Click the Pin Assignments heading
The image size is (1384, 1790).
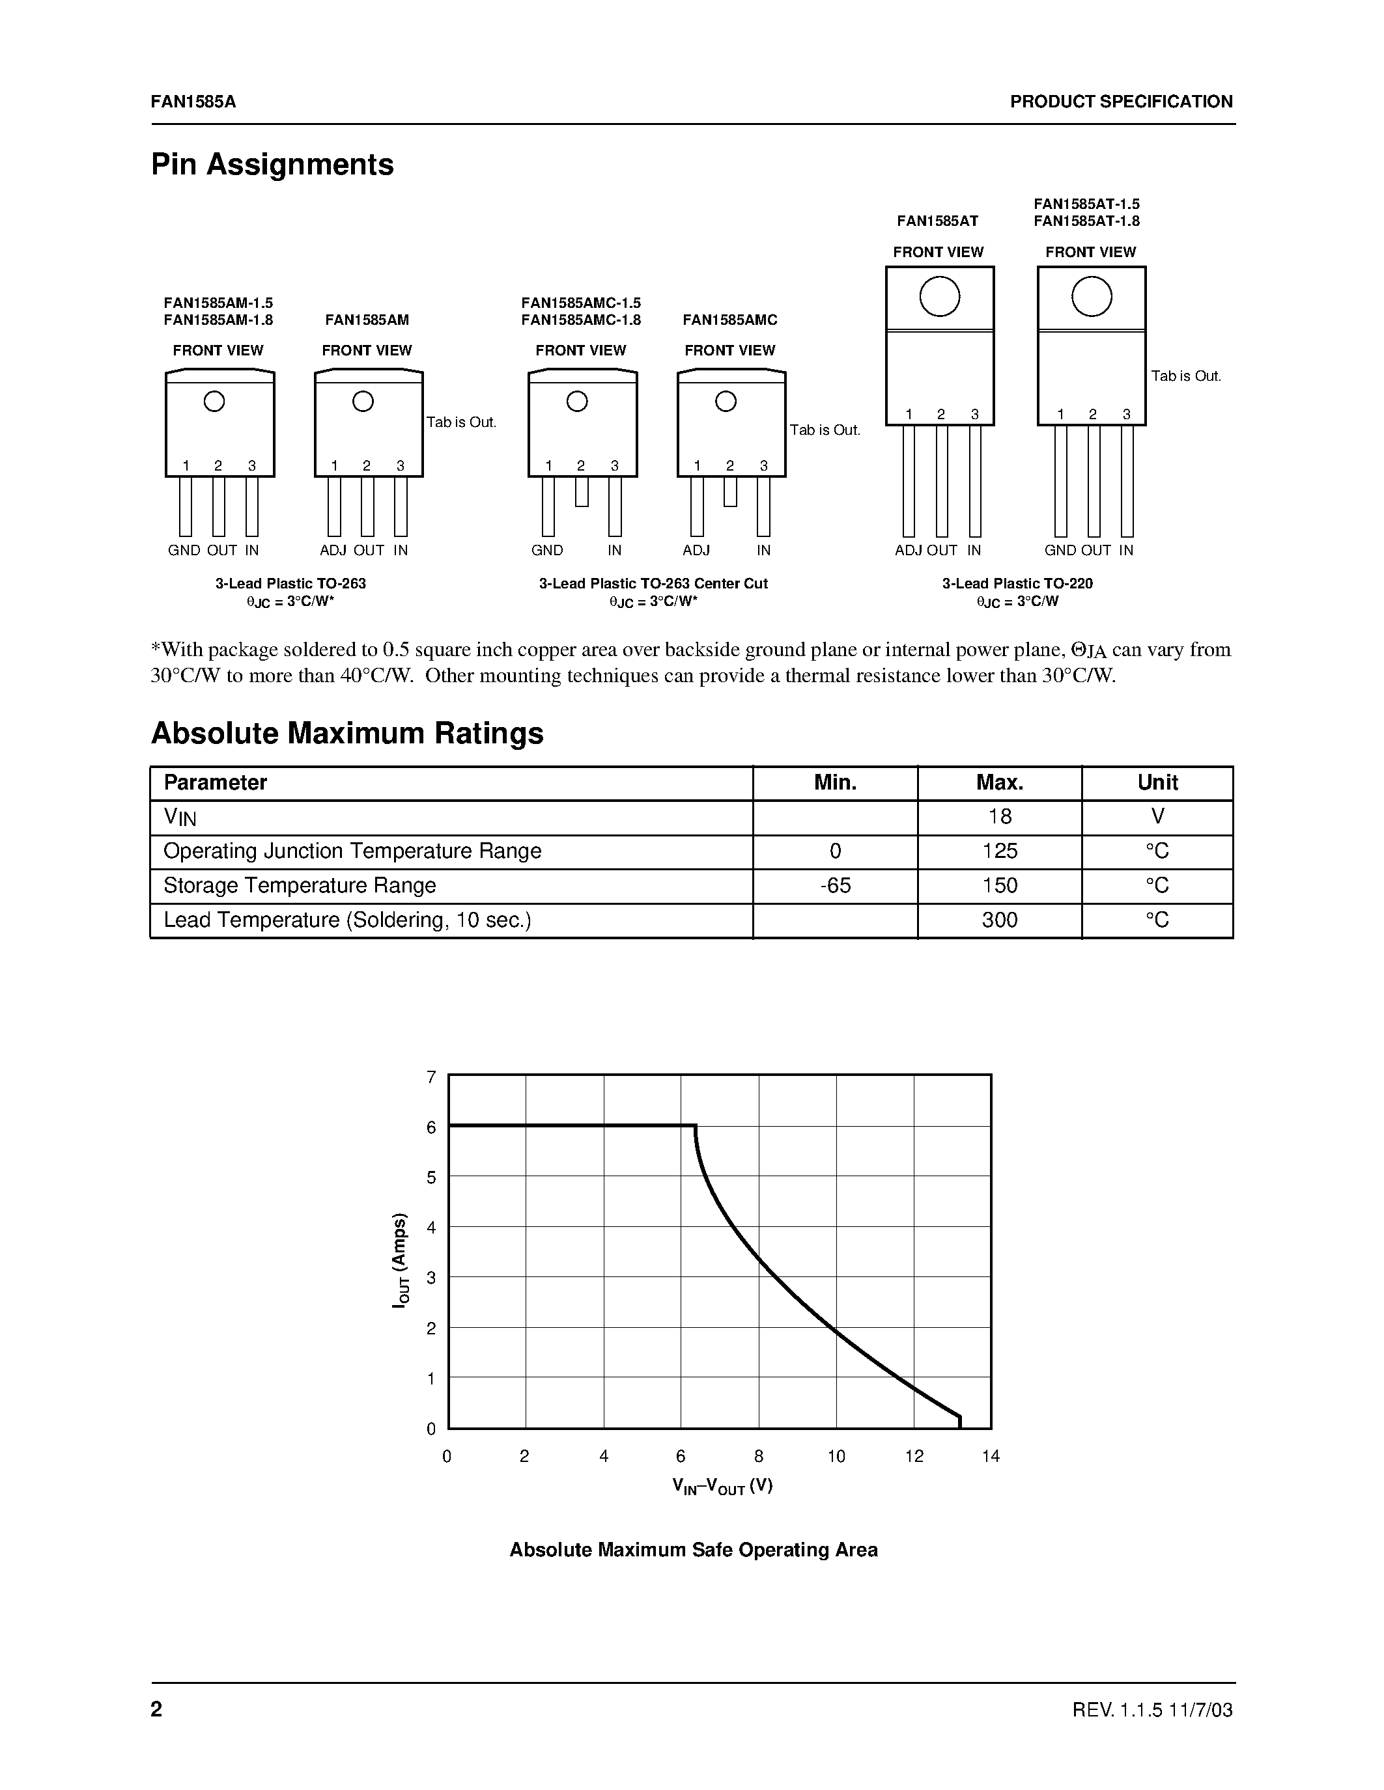click(x=272, y=165)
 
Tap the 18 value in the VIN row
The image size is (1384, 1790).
click(x=1000, y=816)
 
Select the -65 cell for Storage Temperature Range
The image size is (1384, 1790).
click(x=835, y=885)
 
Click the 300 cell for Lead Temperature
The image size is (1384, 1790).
click(x=1000, y=920)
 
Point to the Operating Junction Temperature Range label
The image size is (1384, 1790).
click(x=352, y=851)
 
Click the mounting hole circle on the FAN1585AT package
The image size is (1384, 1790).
click(x=940, y=297)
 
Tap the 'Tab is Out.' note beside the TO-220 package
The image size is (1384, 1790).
click(x=1185, y=376)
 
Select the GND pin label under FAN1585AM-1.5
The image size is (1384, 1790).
click(x=184, y=551)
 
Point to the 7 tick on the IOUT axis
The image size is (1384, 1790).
click(x=431, y=1077)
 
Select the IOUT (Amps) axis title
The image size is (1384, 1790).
click(x=400, y=1259)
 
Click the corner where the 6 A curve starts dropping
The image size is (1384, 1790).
click(x=696, y=1126)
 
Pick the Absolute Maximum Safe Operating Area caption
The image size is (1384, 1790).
click(x=694, y=1550)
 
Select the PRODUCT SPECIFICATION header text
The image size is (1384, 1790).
click(x=1121, y=102)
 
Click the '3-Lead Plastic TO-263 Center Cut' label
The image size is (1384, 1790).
click(x=653, y=584)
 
